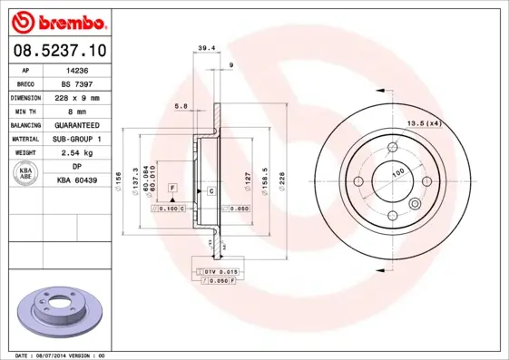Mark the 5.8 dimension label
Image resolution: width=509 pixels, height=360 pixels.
[181, 107]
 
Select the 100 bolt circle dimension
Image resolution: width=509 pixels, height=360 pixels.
[396, 171]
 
